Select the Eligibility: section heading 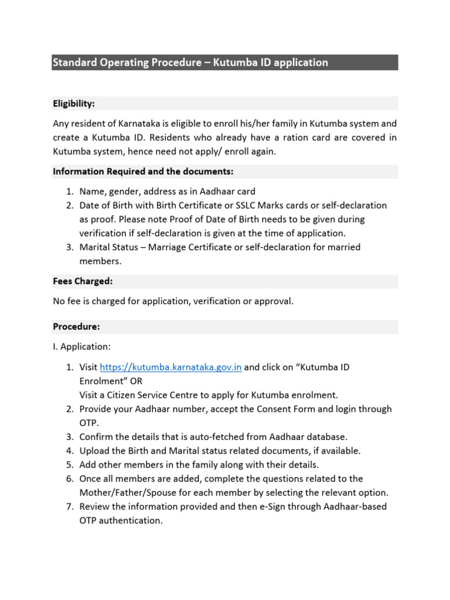[x=74, y=104]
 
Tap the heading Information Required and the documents [x=143, y=172]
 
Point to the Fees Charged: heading [x=83, y=281]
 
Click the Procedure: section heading [x=76, y=326]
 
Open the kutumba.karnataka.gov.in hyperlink [x=171, y=367]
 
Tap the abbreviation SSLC [x=242, y=205]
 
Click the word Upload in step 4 [x=94, y=451]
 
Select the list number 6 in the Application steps [x=69, y=479]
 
